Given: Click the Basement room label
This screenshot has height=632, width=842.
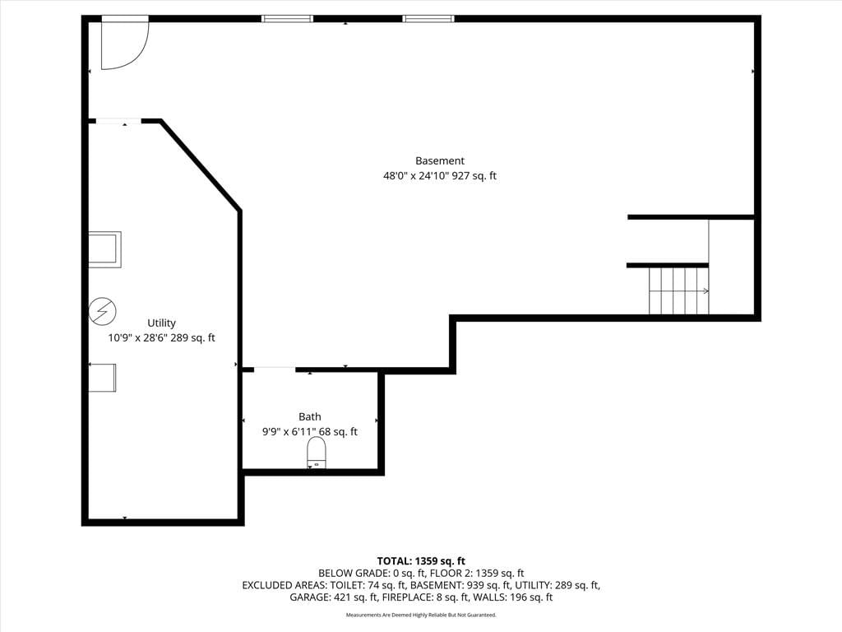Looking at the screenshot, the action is (440, 160).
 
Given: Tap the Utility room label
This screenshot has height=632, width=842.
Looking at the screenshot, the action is (161, 323).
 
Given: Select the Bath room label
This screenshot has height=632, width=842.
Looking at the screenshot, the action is (310, 416).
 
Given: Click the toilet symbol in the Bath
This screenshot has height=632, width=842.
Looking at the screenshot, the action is (317, 453).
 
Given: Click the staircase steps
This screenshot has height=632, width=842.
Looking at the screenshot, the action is (678, 290).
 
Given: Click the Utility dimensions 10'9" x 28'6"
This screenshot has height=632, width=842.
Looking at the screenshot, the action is (137, 338).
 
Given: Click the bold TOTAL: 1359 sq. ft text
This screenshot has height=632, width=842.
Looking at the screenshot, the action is (421, 561).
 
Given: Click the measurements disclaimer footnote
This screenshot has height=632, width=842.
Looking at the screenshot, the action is (421, 615).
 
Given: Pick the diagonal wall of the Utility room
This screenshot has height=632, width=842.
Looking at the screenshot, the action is (200, 165).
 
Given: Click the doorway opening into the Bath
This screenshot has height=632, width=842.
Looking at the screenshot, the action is (275, 369).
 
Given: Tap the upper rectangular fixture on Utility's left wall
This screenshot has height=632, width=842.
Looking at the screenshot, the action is (104, 249).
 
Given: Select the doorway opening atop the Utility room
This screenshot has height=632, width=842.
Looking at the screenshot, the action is (118, 122).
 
